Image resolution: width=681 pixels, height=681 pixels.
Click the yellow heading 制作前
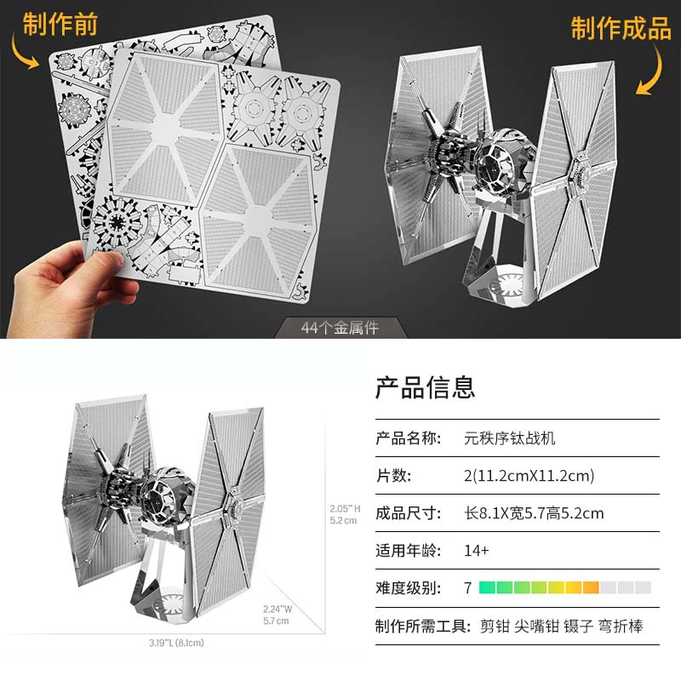60,25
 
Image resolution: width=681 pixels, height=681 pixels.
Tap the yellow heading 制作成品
621,29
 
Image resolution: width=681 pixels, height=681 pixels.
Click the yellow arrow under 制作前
23,53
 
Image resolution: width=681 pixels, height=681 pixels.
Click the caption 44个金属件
340,328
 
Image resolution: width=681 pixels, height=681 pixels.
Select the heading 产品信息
425,387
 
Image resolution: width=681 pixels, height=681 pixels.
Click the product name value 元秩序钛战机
509,438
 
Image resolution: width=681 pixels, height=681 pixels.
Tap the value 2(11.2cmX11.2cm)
529,476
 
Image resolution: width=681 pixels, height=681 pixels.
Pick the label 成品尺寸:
409,513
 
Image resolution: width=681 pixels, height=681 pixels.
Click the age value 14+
477,551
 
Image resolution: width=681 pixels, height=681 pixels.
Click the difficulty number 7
467,588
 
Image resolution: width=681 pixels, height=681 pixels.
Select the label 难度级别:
409,588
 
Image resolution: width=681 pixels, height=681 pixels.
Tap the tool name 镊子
579,627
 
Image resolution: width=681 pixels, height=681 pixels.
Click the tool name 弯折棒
621,627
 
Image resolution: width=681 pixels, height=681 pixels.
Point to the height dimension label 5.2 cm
343,520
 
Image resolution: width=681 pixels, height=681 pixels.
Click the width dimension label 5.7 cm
276,621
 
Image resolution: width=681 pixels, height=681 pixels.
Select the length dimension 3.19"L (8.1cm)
176,643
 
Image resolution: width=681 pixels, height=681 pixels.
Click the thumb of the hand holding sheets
99,264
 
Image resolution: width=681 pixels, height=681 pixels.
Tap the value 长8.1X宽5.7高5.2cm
534,513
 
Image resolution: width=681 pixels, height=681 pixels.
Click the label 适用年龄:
409,551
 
